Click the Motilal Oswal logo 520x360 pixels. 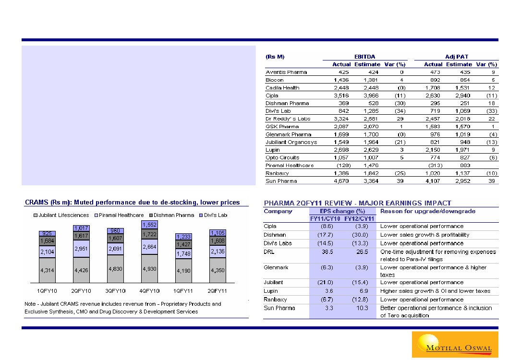click(454, 344)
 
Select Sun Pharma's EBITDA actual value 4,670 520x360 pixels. click(341, 181)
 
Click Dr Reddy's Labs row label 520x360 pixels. click(288, 119)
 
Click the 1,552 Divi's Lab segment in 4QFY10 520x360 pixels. click(149, 224)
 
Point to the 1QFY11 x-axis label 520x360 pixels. click(183, 291)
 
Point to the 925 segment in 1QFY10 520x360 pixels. click(47, 233)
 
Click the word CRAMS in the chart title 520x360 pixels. click(36, 203)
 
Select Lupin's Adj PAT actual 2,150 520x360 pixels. click(433, 150)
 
